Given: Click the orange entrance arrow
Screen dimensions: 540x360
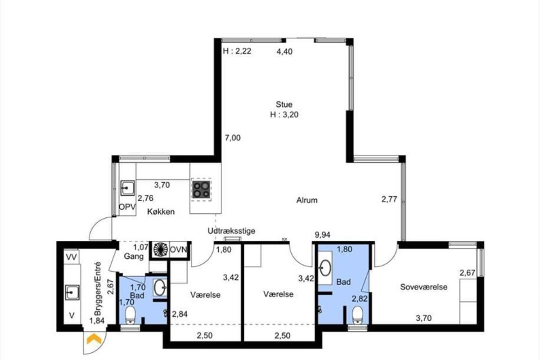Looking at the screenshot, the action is click(x=94, y=339).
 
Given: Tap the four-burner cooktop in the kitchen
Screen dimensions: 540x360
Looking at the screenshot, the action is click(x=201, y=189).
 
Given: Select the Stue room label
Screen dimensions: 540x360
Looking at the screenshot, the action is click(x=284, y=104).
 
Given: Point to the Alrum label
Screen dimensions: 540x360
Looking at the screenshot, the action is click(x=306, y=200).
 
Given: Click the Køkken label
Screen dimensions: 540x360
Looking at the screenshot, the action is click(x=161, y=211).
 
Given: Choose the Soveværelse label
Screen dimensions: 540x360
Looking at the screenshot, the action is click(x=423, y=287).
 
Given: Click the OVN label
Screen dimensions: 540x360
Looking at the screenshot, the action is click(x=178, y=250).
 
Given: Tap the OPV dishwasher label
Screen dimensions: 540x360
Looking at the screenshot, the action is click(x=127, y=207).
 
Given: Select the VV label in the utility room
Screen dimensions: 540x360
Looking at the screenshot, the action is click(x=72, y=257).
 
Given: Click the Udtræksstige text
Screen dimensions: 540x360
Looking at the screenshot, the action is click(x=231, y=231).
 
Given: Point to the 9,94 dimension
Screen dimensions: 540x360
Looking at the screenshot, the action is click(x=323, y=234).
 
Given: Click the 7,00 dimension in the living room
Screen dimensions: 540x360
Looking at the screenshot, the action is click(x=233, y=138).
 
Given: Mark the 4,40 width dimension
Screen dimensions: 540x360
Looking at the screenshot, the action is click(x=284, y=52).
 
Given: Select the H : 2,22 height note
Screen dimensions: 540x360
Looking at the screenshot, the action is click(x=237, y=51).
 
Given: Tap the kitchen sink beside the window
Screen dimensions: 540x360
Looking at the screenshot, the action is click(x=127, y=188).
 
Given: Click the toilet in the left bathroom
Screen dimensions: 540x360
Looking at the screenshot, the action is click(x=130, y=315).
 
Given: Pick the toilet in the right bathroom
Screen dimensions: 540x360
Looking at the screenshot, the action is click(x=357, y=315).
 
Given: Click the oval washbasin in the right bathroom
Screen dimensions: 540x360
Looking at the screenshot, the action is click(x=324, y=268).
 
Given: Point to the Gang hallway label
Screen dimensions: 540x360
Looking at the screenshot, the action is click(x=134, y=256).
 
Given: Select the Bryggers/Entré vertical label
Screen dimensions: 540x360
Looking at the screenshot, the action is click(x=98, y=288).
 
